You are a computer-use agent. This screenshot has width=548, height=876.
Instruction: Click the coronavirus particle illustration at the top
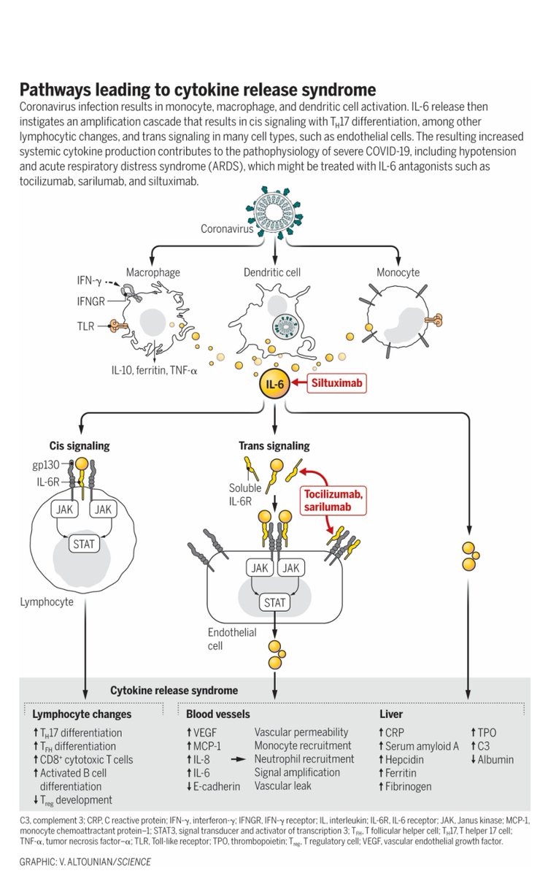pyautogui.click(x=274, y=213)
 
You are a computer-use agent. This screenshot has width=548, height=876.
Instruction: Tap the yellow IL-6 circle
pyautogui.click(x=275, y=383)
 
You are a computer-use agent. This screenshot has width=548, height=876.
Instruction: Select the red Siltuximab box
pyautogui.click(x=336, y=383)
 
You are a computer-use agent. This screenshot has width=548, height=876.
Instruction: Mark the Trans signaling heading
pyautogui.click(x=274, y=446)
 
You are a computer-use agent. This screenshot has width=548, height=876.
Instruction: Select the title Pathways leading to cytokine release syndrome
pyautogui.click(x=197, y=90)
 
